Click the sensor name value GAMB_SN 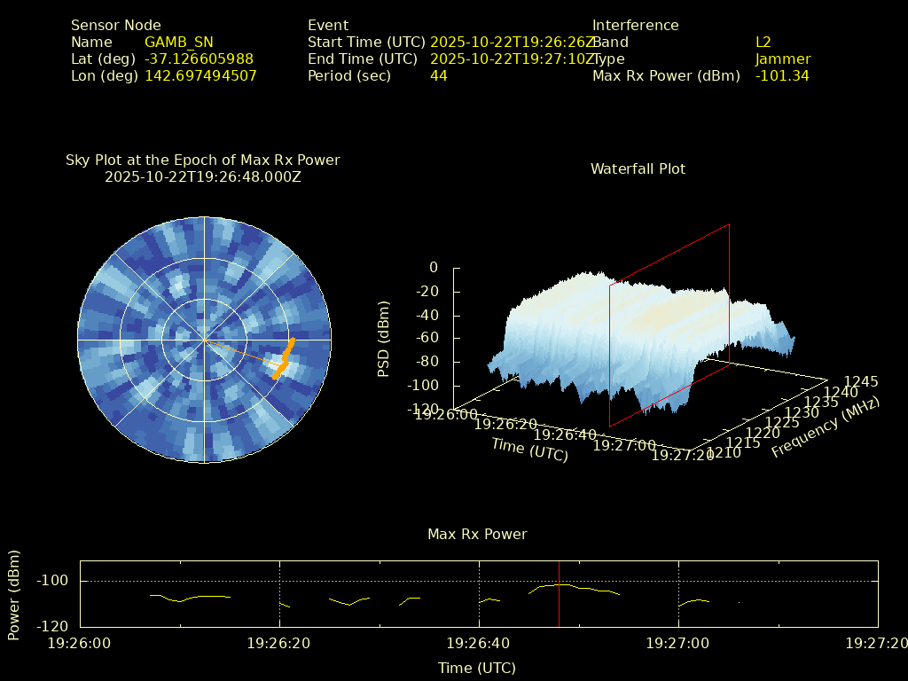(178, 42)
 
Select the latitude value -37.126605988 (199, 59)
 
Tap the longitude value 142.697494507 (200, 75)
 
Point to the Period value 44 (438, 75)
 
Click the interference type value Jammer (782, 59)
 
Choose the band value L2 (763, 42)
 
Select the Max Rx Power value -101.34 (782, 75)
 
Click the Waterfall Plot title (638, 168)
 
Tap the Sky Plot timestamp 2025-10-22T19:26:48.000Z (203, 176)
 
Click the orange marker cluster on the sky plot (284, 360)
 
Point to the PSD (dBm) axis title (384, 339)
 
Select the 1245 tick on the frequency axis (860, 381)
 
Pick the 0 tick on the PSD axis (433, 267)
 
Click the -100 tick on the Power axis (56, 581)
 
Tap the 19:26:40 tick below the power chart (479, 643)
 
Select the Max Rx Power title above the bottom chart (477, 534)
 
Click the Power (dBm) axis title (14, 594)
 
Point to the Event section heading (328, 25)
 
